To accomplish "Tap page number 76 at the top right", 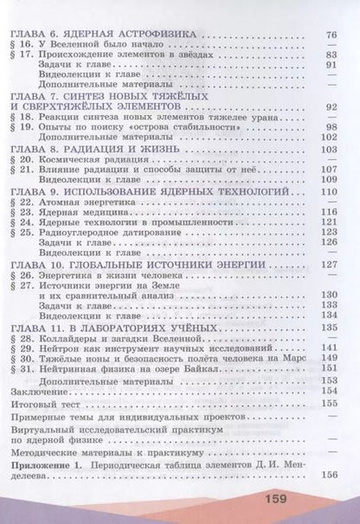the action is [330, 35].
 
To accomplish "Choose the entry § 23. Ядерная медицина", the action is [79, 210].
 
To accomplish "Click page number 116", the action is [329, 210].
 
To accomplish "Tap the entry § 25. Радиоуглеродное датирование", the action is [101, 232].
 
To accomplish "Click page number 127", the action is [329, 264].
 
